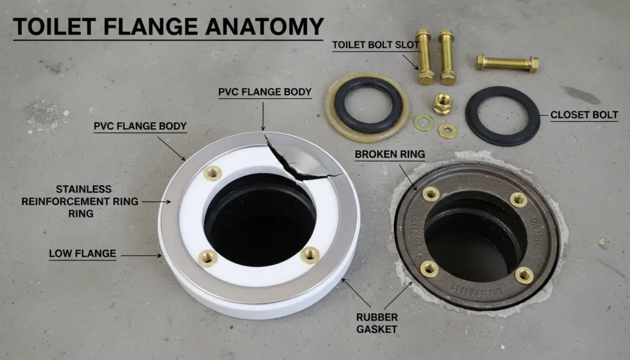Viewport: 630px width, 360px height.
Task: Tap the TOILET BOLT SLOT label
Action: [376, 44]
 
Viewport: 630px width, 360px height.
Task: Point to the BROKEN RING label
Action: [389, 153]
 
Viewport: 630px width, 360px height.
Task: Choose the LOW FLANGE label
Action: [82, 253]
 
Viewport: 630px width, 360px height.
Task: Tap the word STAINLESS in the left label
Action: [85, 188]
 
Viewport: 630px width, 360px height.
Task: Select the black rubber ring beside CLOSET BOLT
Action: [502, 116]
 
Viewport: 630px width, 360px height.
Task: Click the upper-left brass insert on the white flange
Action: [213, 174]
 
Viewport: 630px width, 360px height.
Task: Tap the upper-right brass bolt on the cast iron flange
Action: [519, 199]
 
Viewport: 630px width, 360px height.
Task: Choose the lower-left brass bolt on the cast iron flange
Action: [429, 268]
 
